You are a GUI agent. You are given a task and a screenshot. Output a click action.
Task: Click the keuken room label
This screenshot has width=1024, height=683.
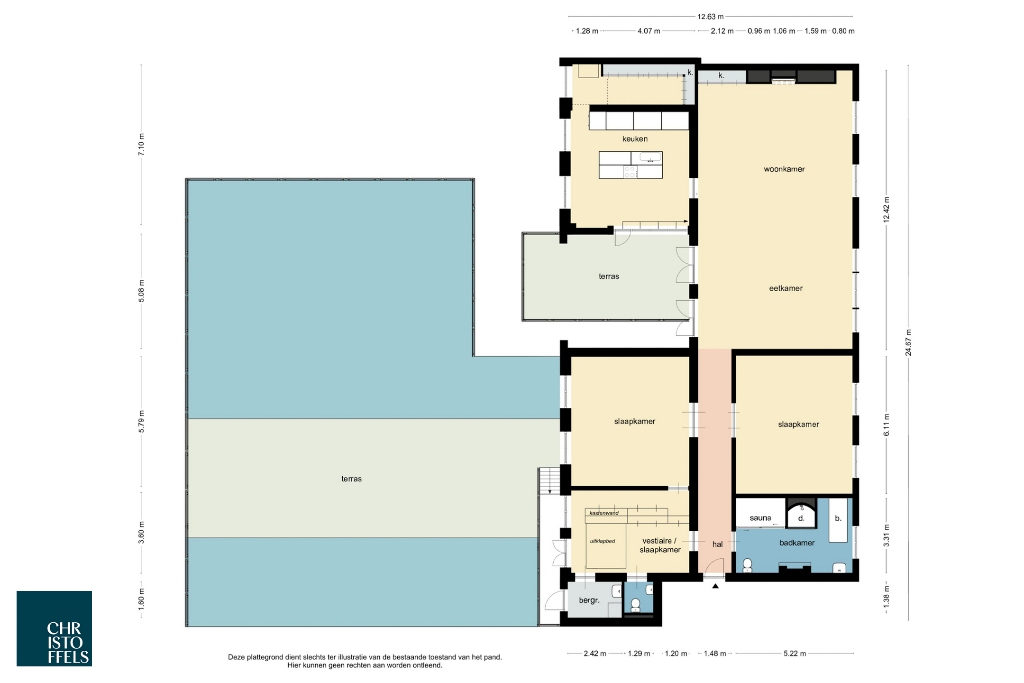click(x=635, y=139)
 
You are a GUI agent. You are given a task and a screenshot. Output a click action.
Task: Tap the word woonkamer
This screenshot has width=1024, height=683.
click(x=784, y=169)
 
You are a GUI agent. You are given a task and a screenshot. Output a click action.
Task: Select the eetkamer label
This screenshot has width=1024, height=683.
click(x=786, y=288)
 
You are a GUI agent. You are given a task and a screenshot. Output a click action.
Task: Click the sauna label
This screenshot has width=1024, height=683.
click(x=760, y=518)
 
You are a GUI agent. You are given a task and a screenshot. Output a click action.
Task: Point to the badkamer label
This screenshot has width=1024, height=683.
click(x=797, y=543)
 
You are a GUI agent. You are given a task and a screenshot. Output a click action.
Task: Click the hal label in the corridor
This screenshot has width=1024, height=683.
click(x=717, y=545)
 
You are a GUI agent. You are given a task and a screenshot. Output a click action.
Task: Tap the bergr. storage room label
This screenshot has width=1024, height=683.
click(x=589, y=600)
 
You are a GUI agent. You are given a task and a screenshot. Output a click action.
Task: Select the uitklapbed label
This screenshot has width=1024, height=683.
click(x=603, y=541)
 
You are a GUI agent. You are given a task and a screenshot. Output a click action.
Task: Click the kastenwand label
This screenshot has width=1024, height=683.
click(x=604, y=513)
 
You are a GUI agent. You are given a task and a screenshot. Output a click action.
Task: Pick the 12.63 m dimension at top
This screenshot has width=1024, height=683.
click(x=710, y=17)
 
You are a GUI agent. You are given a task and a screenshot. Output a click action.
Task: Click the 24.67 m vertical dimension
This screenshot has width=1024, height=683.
click(x=908, y=342)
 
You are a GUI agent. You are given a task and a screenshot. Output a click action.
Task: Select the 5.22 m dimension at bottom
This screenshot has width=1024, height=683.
click(x=795, y=654)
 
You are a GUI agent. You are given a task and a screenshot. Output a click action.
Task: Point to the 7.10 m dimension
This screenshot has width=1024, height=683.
click(x=141, y=145)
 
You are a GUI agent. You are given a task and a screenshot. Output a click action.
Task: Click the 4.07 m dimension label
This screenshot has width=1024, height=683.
click(x=649, y=31)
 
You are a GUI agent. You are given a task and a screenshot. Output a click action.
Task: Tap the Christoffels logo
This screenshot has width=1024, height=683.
click(x=54, y=628)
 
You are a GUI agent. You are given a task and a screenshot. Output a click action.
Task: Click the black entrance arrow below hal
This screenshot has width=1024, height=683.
click(x=715, y=586)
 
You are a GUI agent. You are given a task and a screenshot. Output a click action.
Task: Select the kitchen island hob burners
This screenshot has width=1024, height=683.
click(x=630, y=172)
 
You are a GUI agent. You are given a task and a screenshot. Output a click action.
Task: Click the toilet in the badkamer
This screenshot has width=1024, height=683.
click(x=748, y=565)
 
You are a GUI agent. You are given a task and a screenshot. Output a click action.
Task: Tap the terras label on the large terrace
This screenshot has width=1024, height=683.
click(x=351, y=479)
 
